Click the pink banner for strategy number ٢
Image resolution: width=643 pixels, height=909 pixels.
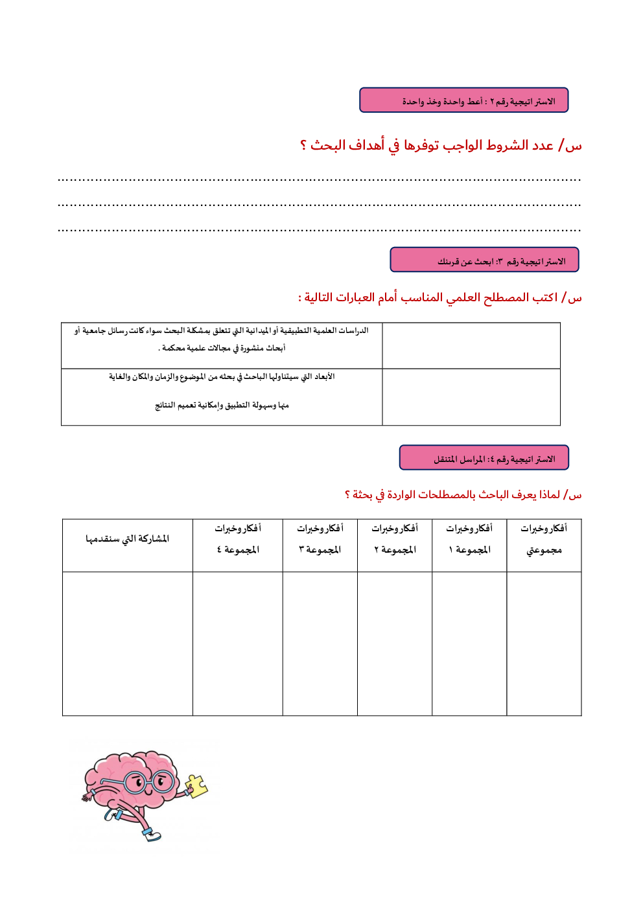(x=463, y=100)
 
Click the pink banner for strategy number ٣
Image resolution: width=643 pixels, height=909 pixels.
(x=484, y=260)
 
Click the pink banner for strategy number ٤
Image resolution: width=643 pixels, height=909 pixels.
(x=484, y=457)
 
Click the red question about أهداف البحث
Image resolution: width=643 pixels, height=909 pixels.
(x=440, y=146)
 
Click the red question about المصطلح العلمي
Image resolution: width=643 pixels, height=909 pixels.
(x=439, y=297)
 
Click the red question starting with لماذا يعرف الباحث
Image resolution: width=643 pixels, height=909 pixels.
(x=463, y=495)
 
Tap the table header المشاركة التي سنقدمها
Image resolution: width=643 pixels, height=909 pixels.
(x=128, y=539)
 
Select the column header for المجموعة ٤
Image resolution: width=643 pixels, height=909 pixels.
(x=238, y=539)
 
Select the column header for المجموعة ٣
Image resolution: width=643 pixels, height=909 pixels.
(x=320, y=539)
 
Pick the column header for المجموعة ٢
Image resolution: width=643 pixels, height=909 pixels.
(x=395, y=539)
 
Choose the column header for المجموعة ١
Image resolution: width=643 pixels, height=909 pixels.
(x=469, y=539)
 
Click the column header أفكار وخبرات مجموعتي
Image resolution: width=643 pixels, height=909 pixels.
(x=544, y=539)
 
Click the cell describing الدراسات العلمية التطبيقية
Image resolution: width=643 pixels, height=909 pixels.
(x=222, y=339)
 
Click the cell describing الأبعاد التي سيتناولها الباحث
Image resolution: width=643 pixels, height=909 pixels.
(x=222, y=391)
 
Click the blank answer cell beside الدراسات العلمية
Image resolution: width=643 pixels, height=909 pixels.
(x=471, y=346)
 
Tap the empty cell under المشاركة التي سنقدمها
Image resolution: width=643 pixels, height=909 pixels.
(x=128, y=643)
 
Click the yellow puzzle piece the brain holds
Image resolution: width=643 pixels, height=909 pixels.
(x=196, y=785)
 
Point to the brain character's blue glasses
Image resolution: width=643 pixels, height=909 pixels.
(x=148, y=782)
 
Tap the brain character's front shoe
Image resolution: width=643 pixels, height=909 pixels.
(x=152, y=834)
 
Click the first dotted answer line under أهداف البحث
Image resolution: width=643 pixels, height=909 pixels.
(x=319, y=179)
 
